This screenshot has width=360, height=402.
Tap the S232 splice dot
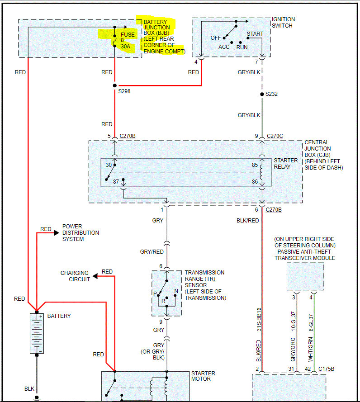coord(262,94)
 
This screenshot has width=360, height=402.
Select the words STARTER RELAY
coord(285,164)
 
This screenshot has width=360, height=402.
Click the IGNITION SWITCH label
coord(283,23)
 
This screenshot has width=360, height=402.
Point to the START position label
coord(255,34)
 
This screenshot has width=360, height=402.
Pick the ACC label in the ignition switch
coord(224,47)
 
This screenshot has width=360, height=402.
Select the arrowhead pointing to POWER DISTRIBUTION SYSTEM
coord(57,233)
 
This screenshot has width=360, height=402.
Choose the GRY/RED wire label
coord(152,252)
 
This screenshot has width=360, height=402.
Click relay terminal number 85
coord(255,165)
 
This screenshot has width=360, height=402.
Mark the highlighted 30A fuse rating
coord(125,46)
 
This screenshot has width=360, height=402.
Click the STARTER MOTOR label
coord(203,376)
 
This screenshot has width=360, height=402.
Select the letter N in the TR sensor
coord(176,291)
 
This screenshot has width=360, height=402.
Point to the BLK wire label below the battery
coord(29,388)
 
